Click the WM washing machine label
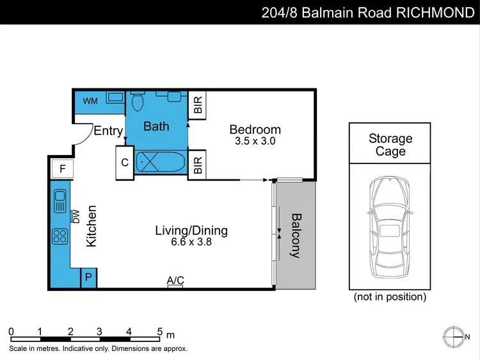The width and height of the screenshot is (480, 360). point(90,101)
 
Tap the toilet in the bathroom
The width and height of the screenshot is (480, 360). point(137,101)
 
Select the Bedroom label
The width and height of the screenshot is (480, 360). point(255,129)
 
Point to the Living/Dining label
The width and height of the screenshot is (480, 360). point(191,231)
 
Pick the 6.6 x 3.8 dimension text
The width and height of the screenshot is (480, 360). point(191,242)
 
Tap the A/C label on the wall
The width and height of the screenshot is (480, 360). point(175,280)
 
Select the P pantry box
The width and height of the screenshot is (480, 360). point(88,278)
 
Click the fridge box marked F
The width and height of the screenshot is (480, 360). point(62,170)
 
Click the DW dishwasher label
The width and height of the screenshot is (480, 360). point(76,217)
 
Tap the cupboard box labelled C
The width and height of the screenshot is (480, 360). point(125,163)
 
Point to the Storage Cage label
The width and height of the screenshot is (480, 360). point(390,145)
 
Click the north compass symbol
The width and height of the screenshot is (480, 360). point(454,336)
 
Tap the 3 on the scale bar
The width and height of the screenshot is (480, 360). point(100,331)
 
